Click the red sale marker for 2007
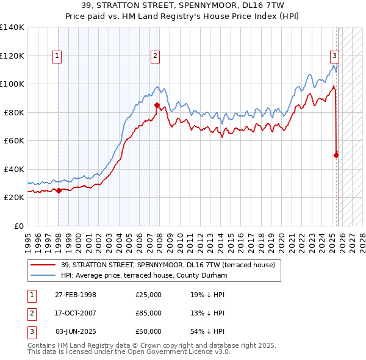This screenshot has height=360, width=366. point(157,105)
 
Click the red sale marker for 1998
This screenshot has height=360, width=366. point(59,190)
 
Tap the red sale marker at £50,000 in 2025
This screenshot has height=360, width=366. point(336,155)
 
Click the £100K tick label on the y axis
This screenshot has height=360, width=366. point(12,84)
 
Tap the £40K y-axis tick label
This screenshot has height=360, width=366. point(14,169)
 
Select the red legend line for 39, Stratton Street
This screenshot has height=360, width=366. point(45,265)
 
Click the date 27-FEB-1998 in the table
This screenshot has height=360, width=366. point(76,295)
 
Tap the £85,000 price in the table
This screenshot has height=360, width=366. point(149,313)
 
